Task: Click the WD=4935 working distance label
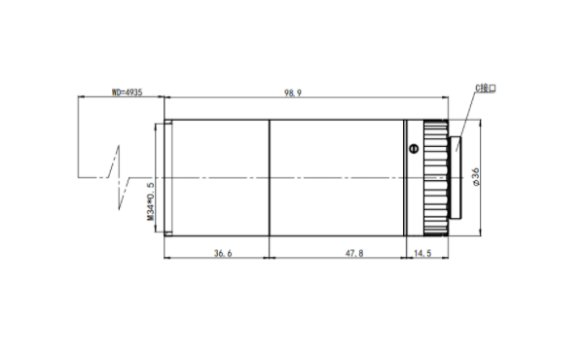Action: point(128,91)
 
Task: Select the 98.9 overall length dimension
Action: point(293,93)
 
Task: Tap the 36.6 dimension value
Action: point(223,253)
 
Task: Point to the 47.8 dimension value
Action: point(354,253)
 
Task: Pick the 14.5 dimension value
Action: point(422,253)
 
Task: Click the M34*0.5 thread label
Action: point(150,201)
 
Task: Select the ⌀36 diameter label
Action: point(476,177)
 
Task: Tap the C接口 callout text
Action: point(486,89)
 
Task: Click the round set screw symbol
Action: point(414,149)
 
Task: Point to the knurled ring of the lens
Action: point(436,178)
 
